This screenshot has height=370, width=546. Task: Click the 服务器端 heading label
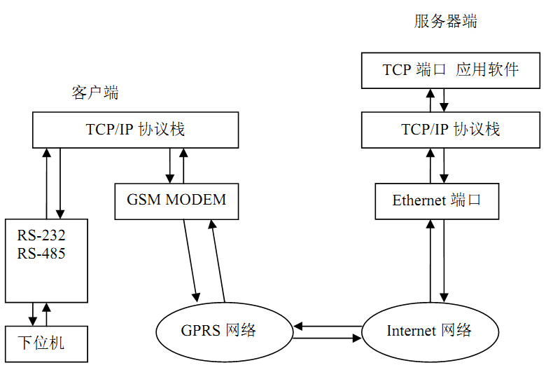445,22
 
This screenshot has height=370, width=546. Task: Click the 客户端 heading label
94,92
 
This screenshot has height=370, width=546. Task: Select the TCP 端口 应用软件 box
450,70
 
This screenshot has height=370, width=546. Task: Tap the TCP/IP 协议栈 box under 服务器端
450,130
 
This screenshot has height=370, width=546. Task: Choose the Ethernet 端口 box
437,200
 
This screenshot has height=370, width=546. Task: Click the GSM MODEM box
176,200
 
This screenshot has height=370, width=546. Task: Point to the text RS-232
41,235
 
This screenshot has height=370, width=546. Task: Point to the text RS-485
41,253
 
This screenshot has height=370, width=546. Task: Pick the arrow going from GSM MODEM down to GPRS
190,259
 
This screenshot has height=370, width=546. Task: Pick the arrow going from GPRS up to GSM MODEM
217,259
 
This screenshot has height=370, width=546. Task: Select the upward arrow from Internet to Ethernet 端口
430,259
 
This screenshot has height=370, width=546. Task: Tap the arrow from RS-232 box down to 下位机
33,314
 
